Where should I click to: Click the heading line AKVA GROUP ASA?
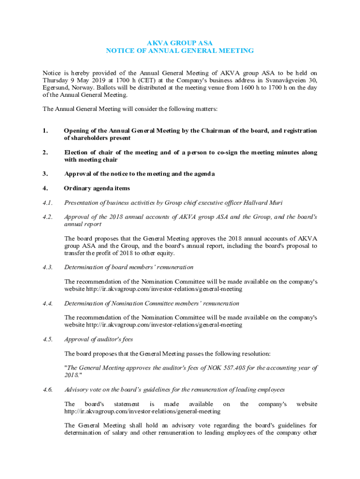click(x=180, y=43)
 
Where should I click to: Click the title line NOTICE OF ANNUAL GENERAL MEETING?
click(x=180, y=51)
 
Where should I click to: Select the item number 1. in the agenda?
click(x=45, y=131)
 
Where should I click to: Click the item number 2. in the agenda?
click(x=45, y=152)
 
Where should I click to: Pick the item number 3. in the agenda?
click(x=45, y=174)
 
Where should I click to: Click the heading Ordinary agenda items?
click(x=97, y=189)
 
